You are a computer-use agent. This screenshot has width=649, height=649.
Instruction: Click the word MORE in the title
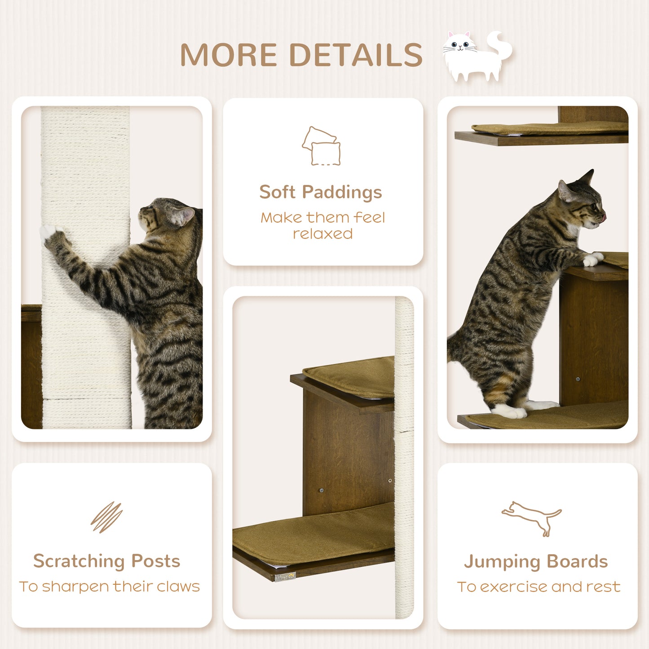pos(228,55)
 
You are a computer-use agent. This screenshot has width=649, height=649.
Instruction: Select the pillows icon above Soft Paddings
pos(321,146)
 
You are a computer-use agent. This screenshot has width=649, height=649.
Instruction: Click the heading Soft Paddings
pos(321,192)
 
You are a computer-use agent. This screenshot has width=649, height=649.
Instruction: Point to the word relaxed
pos(322,234)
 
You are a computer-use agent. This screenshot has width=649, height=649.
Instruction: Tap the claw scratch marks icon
pos(106,517)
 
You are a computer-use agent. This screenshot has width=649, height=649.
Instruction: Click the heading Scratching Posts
pos(107,561)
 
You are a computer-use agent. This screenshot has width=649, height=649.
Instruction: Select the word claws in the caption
pos(178,587)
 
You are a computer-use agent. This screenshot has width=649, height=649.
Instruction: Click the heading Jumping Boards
pos(536,562)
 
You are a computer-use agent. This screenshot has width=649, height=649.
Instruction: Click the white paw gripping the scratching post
pos(49,232)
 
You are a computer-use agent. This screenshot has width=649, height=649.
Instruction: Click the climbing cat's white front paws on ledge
pos(593,259)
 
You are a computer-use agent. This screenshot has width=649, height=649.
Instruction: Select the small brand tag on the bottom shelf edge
pos(285,577)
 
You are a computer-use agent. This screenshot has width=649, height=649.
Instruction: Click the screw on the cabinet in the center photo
pos(321,490)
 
